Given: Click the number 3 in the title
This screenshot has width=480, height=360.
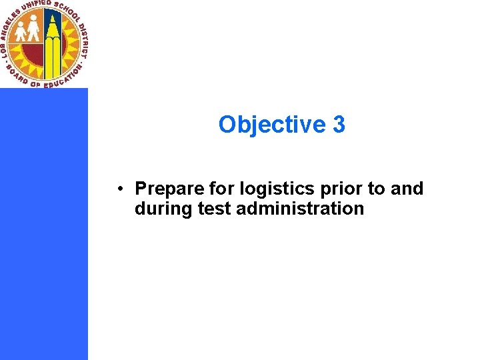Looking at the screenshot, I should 338,125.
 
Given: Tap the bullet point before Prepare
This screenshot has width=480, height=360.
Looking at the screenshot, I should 117,189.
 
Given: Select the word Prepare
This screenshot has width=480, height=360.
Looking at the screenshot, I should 165,189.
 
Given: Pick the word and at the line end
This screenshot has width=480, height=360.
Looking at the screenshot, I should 407,189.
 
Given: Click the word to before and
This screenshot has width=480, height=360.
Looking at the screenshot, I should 377,189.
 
